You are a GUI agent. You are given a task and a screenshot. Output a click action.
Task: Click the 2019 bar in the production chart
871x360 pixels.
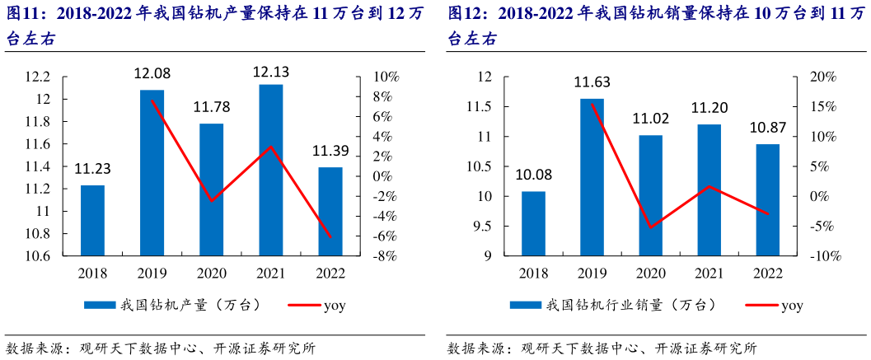coord(152,173)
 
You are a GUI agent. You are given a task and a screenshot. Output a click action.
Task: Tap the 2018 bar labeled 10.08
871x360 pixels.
coord(533,224)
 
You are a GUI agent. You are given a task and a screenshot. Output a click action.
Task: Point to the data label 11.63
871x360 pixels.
coord(592,82)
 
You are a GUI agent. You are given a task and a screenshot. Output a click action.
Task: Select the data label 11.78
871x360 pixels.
coord(212,107)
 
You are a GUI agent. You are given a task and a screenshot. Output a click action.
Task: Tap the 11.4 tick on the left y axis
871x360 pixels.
coord(39,166)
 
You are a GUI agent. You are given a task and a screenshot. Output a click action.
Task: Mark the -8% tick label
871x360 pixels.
coord(386,256)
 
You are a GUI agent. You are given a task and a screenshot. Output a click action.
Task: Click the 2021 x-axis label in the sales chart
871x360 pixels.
coord(709,273)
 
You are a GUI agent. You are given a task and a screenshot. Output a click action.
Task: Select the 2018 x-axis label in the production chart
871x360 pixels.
coord(92,273)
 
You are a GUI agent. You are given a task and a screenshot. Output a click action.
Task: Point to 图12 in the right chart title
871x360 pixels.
coord(463,14)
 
